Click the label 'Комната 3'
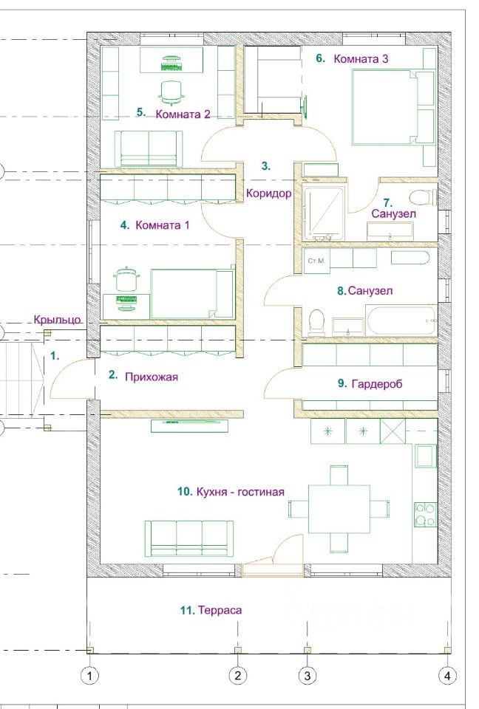[x=361, y=59]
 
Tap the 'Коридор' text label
[x=268, y=193]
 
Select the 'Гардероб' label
[x=377, y=384]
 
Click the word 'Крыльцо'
[x=58, y=320]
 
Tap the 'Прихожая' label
[x=152, y=377]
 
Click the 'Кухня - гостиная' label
[x=240, y=492]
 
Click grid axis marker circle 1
[x=89, y=676]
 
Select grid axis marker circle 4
[x=447, y=676]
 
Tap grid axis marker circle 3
[x=308, y=676]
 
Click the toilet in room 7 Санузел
[x=422, y=198]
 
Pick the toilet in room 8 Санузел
[x=316, y=322]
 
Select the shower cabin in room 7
[x=323, y=213]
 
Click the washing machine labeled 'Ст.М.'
[x=317, y=261]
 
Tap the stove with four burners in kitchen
[x=426, y=514]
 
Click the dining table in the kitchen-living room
[x=339, y=509]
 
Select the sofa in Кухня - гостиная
[x=189, y=538]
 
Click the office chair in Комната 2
[x=171, y=90]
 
